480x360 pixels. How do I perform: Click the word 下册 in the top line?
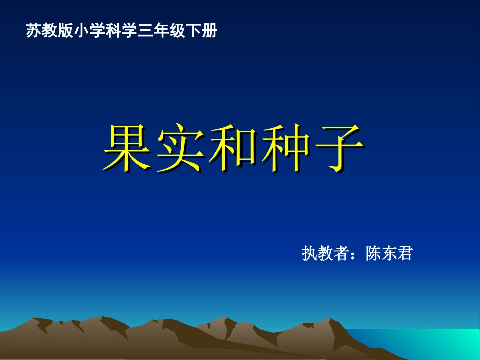tap(202, 31)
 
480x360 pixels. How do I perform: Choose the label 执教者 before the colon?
tap(325, 253)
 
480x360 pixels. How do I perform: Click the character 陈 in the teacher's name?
tap(374, 253)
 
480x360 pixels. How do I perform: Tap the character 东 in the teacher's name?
tap(390, 253)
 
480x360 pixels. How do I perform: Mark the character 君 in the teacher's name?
tap(405, 253)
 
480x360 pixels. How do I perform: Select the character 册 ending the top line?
tap(210, 31)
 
